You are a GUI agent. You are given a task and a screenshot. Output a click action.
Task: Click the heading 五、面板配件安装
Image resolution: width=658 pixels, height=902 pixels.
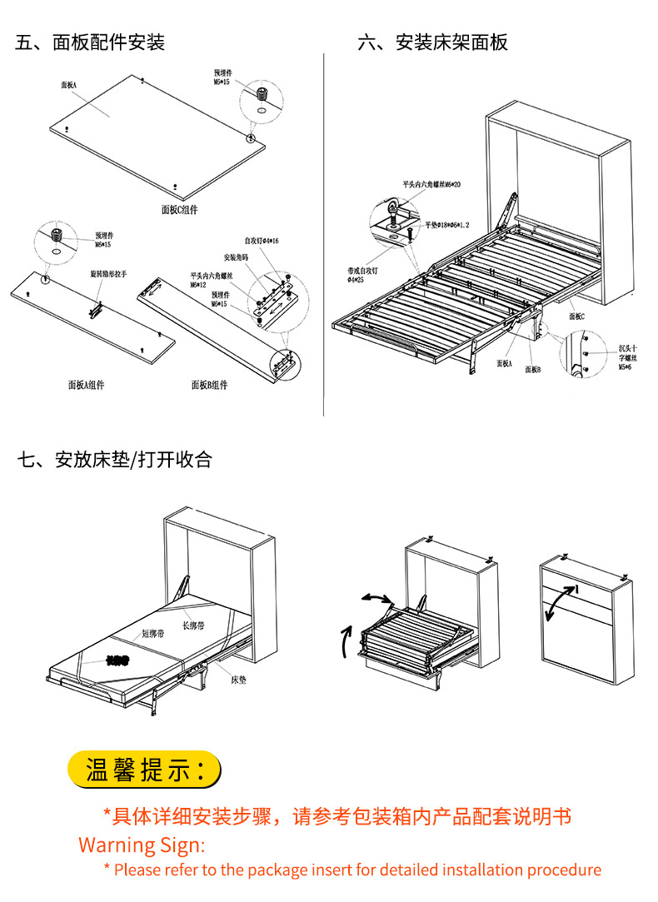click(90, 42)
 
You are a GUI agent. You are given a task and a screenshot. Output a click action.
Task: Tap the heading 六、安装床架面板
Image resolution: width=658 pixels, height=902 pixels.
click(432, 42)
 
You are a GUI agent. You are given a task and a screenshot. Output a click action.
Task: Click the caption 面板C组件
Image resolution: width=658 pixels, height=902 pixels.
click(180, 210)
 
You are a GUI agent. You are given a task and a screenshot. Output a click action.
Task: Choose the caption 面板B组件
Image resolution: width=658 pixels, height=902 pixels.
click(209, 385)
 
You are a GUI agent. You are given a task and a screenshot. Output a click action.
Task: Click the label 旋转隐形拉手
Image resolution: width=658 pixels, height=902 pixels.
click(108, 274)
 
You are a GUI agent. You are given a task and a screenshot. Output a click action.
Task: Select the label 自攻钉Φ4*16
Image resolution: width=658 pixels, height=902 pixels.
click(262, 240)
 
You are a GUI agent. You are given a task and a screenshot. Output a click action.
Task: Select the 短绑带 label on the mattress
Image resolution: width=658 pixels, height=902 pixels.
click(153, 633)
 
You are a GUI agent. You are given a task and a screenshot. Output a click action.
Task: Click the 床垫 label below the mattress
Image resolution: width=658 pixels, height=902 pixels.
click(238, 680)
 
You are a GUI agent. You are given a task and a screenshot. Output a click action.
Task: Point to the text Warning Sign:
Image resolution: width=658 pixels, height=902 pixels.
click(141, 845)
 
